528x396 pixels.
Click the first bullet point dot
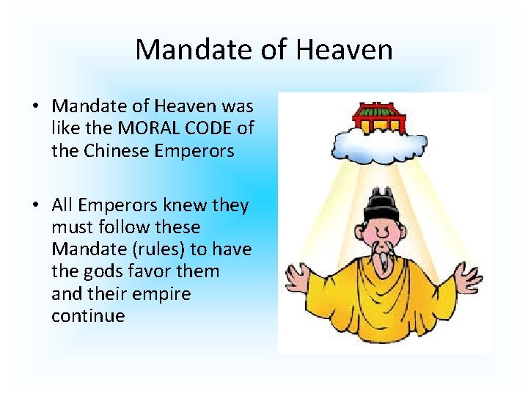click(35, 106)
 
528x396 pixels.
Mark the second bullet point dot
click(35, 206)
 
